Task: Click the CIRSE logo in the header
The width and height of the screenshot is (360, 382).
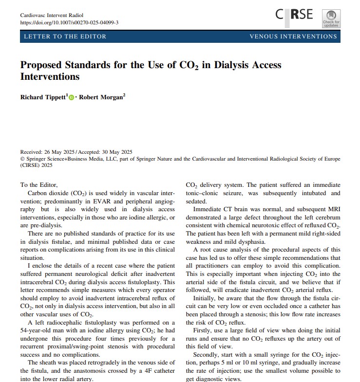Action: pos(294,15)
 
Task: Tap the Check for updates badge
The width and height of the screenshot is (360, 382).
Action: pos(331,18)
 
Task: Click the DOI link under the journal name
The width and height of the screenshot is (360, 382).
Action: pos(69,22)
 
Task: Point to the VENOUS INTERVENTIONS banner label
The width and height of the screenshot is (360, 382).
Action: pos(293,36)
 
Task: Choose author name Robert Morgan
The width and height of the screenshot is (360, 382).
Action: pos(101,97)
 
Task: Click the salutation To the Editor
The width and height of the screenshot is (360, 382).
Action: pos(39,185)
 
